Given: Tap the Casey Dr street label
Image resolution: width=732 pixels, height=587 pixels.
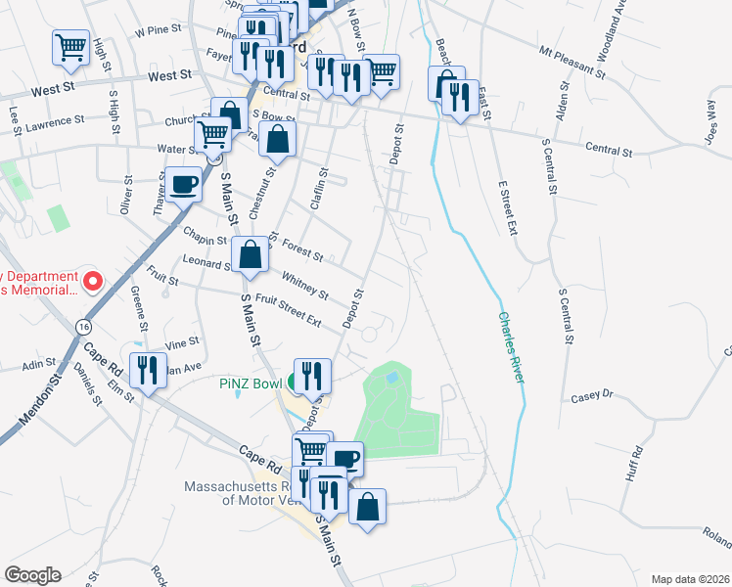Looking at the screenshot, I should [591, 395].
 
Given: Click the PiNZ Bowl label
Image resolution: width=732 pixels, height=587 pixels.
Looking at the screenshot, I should [250, 384].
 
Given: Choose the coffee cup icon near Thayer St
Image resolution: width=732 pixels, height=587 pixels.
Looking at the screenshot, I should [183, 182].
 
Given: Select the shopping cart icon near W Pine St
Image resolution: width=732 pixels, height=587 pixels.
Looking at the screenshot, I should [70, 46].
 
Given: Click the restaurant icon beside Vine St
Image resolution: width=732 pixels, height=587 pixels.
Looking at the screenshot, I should [147, 369].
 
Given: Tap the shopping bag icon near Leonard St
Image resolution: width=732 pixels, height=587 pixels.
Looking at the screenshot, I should [251, 254].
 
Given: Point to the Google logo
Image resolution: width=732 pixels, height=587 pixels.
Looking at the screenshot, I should [32, 574].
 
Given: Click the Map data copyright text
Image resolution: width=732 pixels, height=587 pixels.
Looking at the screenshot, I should [689, 578].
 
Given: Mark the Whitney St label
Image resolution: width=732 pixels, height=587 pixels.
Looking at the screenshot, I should [304, 287].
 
